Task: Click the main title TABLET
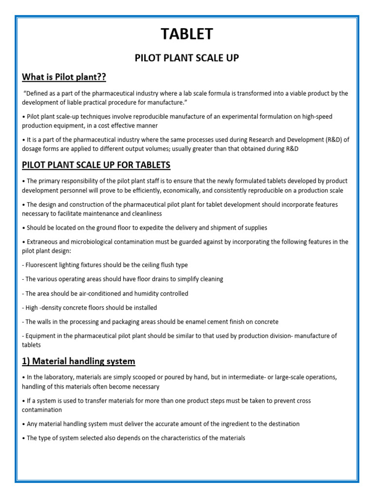pos(187,34)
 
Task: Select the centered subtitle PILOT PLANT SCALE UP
pos(187,58)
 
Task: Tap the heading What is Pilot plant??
pos(64,77)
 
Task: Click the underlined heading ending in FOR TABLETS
pos(96,165)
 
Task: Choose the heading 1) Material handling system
pos(78,361)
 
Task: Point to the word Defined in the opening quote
pos(37,93)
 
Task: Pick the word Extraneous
pos(45,242)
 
